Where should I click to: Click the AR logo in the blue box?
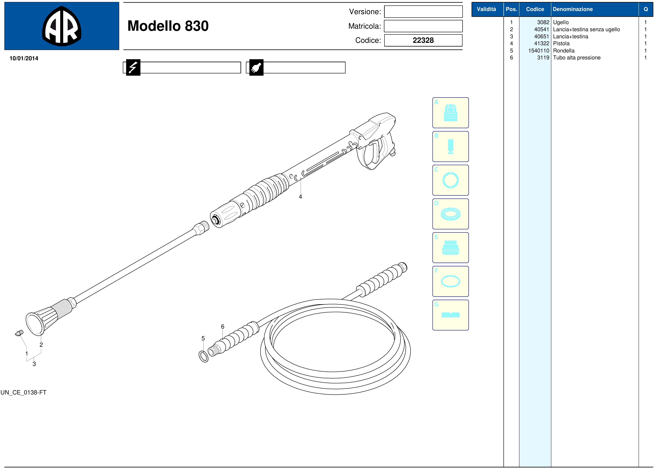click(62, 26)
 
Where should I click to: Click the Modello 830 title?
click(168, 26)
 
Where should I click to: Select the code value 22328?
click(423, 40)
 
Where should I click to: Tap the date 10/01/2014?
click(24, 58)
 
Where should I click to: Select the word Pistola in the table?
click(561, 44)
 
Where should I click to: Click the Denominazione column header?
click(573, 9)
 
